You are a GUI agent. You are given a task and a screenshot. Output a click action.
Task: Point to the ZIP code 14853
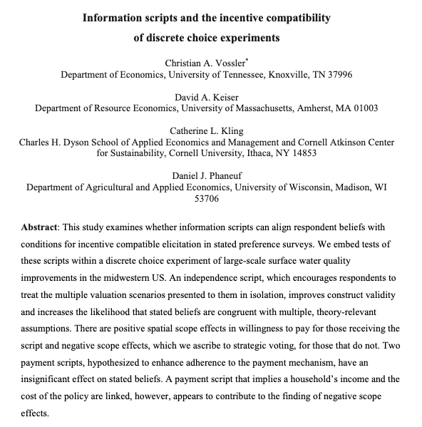(x=302, y=153)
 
